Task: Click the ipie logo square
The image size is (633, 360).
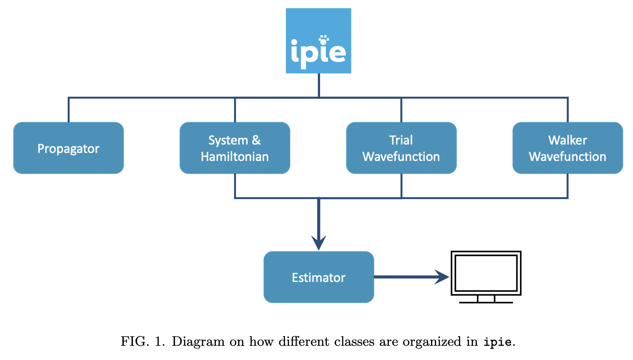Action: click(318, 40)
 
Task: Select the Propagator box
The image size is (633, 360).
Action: click(68, 148)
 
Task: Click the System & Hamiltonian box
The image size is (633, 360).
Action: click(234, 148)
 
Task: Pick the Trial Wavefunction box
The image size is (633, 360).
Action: click(401, 148)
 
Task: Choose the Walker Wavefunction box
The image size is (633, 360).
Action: click(567, 148)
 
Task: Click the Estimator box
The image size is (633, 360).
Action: click(318, 278)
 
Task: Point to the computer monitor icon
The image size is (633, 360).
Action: click(485, 273)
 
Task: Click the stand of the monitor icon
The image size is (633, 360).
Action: click(486, 299)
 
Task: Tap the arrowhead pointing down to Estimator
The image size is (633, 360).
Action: click(318, 243)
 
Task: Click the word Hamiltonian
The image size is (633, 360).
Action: click(234, 157)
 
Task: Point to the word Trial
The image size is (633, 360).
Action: click(401, 141)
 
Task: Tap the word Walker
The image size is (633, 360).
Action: click(567, 141)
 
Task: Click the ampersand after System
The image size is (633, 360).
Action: click(256, 141)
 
